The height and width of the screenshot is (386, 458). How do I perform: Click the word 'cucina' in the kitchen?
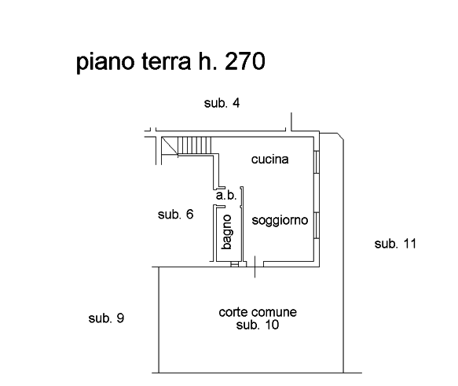tap(270, 160)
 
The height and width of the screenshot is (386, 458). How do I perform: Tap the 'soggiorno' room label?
tap(280, 220)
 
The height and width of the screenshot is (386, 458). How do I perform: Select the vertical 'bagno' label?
tap(227, 232)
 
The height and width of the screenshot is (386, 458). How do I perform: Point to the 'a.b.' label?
tap(226, 195)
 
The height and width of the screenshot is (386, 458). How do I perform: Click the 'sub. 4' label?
tap(222, 103)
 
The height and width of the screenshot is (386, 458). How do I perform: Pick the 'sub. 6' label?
tap(175, 214)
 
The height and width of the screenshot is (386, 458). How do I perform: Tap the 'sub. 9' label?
tap(106, 318)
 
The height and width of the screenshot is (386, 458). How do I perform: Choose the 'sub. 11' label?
tap(395, 244)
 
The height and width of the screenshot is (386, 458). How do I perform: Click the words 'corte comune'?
tap(258, 312)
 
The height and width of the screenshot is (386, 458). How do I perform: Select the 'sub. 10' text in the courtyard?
tap(258, 325)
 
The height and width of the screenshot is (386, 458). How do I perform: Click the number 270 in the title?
tap(245, 61)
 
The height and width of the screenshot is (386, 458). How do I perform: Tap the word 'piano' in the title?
tap(106, 63)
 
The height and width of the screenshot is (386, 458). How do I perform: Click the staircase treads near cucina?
tap(194, 145)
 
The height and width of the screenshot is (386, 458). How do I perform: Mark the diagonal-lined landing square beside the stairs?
tap(170, 145)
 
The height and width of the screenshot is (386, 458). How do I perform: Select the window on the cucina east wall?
tap(317, 162)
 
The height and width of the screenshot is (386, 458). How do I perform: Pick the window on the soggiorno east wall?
tap(317, 226)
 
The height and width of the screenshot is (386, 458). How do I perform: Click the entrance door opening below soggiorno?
tap(255, 264)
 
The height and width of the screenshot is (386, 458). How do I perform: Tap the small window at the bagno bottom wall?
tap(235, 264)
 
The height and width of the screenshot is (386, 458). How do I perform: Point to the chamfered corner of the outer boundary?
tap(341, 136)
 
